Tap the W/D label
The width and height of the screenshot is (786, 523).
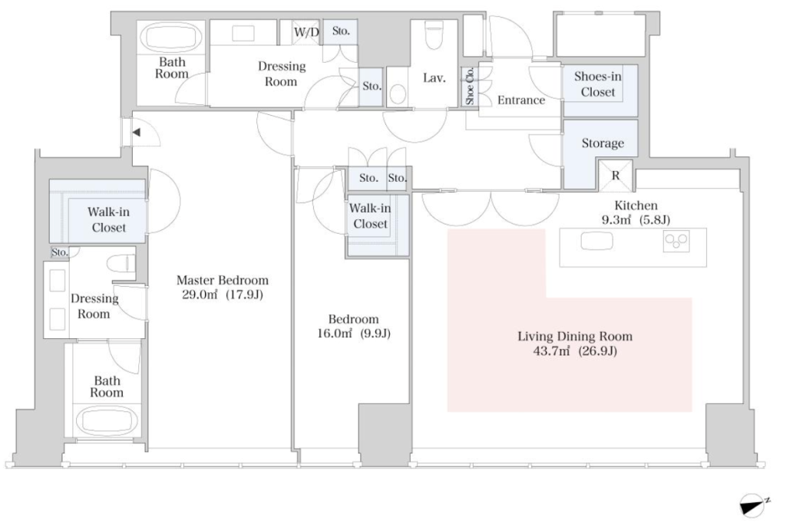[x=306, y=32]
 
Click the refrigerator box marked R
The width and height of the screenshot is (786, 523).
[x=616, y=176]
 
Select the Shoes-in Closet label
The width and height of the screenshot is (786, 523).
[x=597, y=84]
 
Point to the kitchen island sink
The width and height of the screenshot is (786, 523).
[x=596, y=241]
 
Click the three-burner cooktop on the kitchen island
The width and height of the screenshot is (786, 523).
[x=676, y=242]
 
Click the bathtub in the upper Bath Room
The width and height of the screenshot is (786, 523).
[x=171, y=37]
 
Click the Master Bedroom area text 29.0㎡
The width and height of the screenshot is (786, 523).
[x=200, y=294]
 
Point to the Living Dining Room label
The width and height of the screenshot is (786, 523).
[x=575, y=336]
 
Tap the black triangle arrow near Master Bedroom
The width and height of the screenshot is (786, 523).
[x=136, y=133]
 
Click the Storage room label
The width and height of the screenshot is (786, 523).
[x=603, y=143]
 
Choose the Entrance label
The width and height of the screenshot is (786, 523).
[x=521, y=100]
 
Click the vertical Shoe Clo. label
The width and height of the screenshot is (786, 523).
[x=470, y=86]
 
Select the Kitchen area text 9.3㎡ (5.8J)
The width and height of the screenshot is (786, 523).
[x=636, y=219]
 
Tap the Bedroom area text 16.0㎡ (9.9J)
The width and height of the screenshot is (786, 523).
[x=353, y=333]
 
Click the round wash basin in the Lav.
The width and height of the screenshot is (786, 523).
[x=398, y=94]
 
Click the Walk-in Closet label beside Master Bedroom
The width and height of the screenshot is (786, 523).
[x=108, y=219]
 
